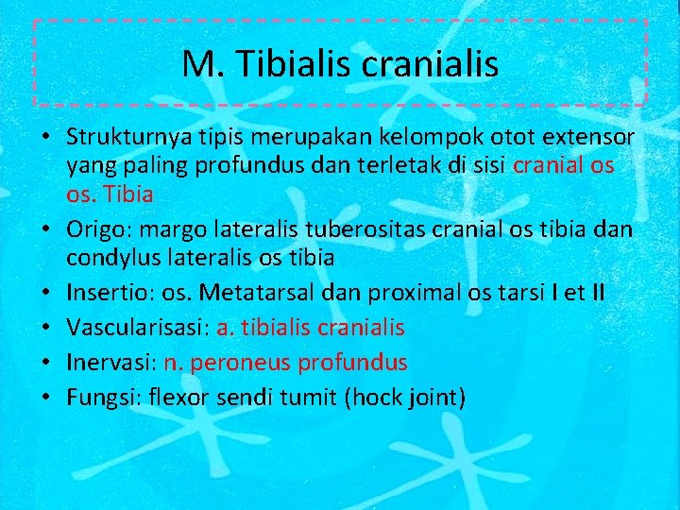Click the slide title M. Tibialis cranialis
pyautogui.click(x=340, y=64)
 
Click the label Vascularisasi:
pyautogui.click(x=138, y=328)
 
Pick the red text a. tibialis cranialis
pyautogui.click(x=310, y=328)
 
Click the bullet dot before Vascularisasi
pyautogui.click(x=46, y=329)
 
